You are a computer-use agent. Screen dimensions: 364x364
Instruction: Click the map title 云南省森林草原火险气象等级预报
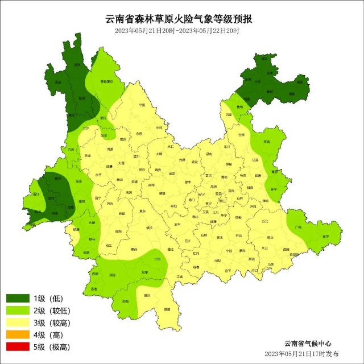point(182,19)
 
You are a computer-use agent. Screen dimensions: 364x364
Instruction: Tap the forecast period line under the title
point(182,31)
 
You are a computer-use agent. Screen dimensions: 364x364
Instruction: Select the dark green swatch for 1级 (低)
point(18,299)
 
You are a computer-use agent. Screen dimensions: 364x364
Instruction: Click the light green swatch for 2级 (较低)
point(18,311)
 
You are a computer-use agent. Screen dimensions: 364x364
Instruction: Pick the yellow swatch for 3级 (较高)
point(18,322)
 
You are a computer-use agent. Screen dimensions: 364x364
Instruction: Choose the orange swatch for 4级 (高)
point(18,334)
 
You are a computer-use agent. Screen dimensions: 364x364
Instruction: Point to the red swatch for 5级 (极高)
point(18,346)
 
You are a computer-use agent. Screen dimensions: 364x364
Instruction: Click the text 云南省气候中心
point(308,344)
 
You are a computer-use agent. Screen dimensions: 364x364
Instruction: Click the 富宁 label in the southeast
point(325,236)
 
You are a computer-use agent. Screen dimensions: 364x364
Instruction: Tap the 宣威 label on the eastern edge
point(267,142)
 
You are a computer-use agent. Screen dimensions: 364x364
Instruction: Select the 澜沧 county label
point(112,275)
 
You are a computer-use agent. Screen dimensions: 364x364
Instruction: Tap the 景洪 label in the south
point(147,295)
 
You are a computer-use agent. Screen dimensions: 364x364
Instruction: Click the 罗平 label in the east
point(274,189)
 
